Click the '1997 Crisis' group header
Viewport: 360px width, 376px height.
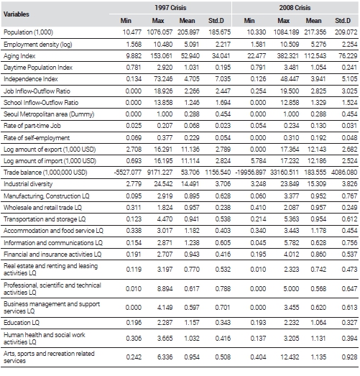click(x=170, y=8)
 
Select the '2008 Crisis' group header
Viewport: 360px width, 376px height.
click(x=295, y=8)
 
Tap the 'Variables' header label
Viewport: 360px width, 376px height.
click(x=17, y=14)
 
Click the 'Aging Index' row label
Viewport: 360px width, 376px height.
click(x=19, y=56)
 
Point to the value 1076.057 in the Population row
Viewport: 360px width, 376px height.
click(x=160, y=32)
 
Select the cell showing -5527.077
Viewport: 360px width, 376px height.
click(x=128, y=173)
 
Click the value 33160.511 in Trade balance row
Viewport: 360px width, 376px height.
click(x=285, y=173)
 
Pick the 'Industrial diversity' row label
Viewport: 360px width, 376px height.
click(x=28, y=184)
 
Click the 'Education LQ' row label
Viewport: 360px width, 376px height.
click(x=22, y=323)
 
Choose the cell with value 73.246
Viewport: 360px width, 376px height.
click(x=163, y=79)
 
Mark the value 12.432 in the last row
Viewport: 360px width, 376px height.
click(x=290, y=357)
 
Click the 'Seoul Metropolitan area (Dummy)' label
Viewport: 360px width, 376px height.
click(x=49, y=114)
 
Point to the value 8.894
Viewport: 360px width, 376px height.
click(x=165, y=289)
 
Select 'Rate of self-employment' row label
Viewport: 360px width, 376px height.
click(x=37, y=138)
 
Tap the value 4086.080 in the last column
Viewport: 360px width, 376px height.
click(x=344, y=173)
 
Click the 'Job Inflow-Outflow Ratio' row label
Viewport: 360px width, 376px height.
click(x=37, y=91)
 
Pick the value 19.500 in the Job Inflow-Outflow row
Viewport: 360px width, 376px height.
click(x=290, y=91)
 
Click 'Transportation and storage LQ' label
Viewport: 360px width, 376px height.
click(x=45, y=219)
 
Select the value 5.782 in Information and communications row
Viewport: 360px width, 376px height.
click(x=291, y=243)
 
